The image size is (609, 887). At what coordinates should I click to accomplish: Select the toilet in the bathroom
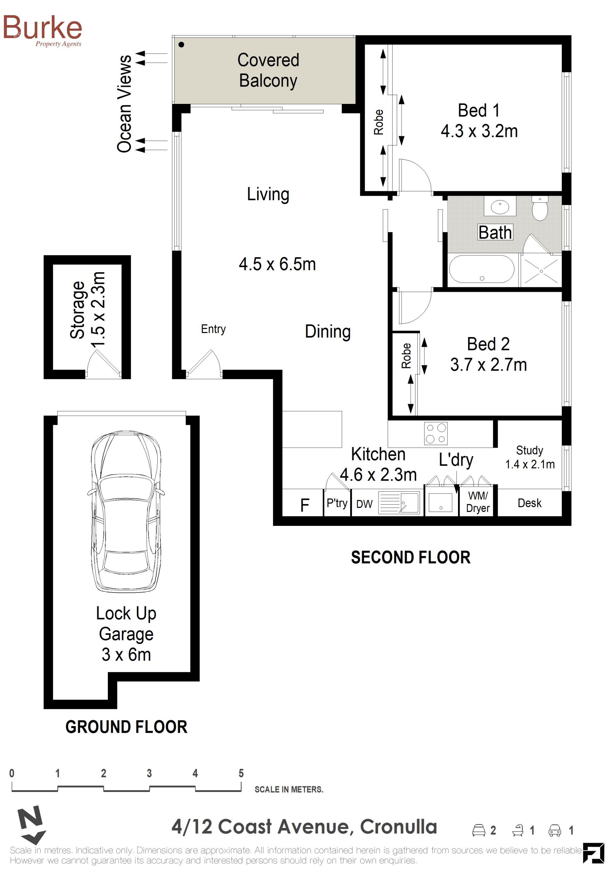[x=540, y=208]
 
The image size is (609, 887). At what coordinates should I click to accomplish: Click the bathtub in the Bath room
[x=481, y=269]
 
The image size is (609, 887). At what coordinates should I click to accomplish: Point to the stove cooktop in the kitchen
[x=436, y=434]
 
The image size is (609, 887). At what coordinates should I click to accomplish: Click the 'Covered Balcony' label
[x=268, y=70]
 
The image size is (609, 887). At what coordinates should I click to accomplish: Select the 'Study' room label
[x=529, y=450]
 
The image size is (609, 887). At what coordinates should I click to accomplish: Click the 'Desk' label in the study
[x=529, y=503]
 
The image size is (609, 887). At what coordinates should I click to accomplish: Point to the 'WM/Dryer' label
[x=478, y=502]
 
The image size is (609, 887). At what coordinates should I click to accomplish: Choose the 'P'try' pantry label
[x=337, y=503]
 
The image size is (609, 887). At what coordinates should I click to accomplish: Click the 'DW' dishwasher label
[x=364, y=504]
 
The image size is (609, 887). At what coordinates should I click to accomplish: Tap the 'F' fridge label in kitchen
[x=304, y=505]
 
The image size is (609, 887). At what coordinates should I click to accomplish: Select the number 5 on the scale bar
[x=241, y=773]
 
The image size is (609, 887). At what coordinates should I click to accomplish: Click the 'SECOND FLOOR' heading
[x=411, y=558]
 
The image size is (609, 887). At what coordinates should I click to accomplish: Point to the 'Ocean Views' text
[x=124, y=104]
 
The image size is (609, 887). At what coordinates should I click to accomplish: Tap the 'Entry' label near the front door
[x=213, y=329]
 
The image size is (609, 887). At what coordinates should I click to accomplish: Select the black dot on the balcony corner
[x=181, y=45]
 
